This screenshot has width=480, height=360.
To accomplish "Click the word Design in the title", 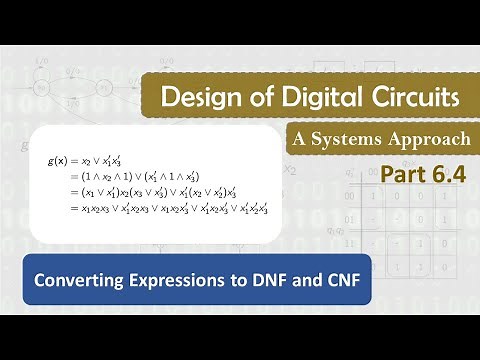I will [197, 99].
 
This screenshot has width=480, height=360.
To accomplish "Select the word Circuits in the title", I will [405, 99].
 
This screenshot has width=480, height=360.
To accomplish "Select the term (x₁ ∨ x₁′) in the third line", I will [102, 191].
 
